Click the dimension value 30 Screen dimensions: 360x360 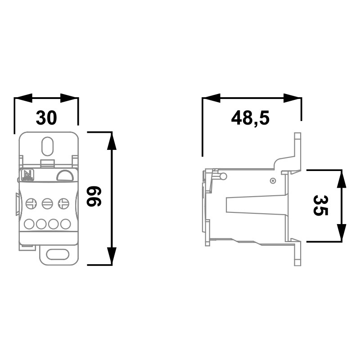click(46, 118)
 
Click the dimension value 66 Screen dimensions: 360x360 click(94, 196)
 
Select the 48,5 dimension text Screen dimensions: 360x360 click(250, 118)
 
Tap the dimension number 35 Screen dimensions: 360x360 click(320, 205)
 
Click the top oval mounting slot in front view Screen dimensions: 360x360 click(48, 146)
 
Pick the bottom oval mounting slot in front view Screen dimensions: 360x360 click(58, 254)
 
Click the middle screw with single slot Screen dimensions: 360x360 click(48, 203)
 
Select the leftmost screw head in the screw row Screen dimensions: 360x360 click(31, 204)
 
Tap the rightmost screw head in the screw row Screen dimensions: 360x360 click(63, 203)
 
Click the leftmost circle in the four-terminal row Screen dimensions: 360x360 click(29, 224)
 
